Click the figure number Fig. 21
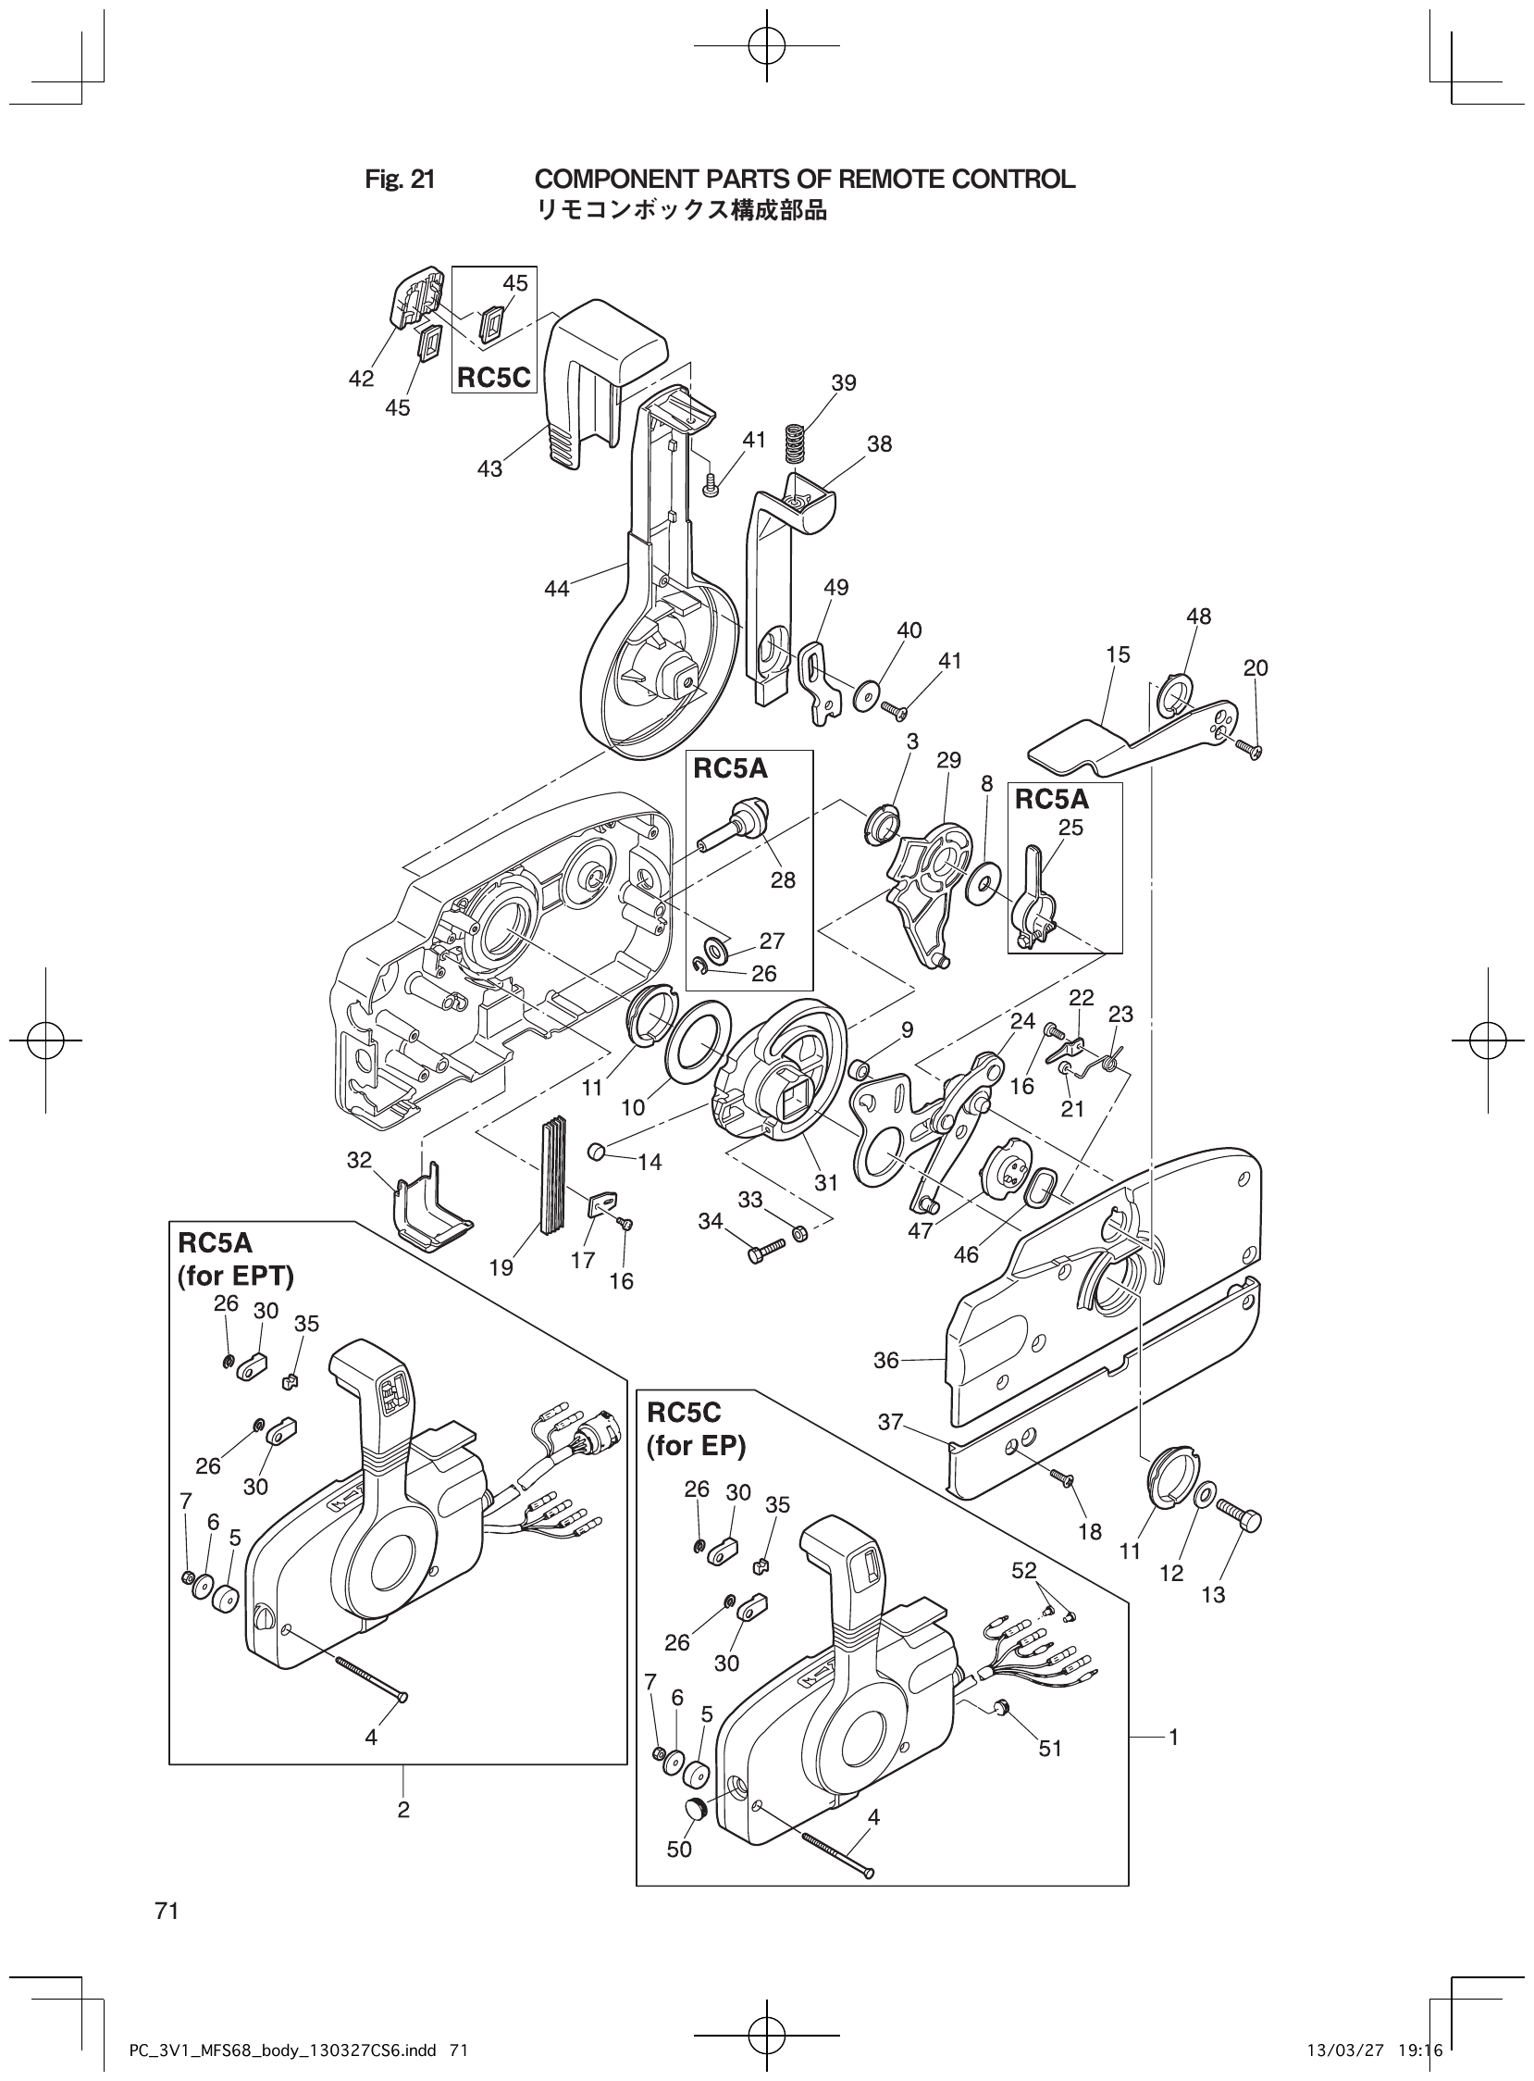[400, 180]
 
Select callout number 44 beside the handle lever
[557, 588]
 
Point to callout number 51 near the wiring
[1049, 1749]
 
